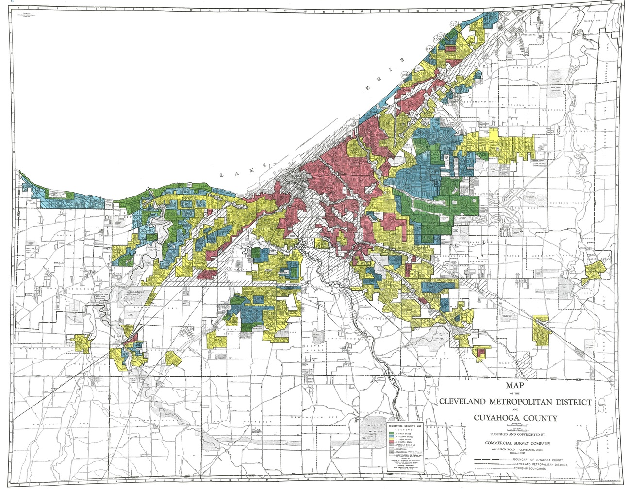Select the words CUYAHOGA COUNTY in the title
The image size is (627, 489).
(x=515, y=418)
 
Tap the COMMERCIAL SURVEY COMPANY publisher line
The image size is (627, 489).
(x=517, y=443)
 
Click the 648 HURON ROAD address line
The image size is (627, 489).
(x=517, y=450)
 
